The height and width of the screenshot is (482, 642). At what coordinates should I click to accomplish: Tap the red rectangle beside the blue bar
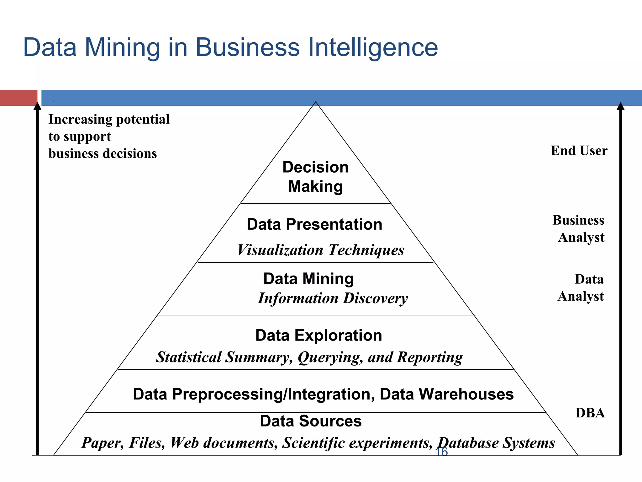(x=18, y=98)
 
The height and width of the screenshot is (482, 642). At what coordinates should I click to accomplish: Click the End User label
(x=579, y=151)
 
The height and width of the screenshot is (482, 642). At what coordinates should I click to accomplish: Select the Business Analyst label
(x=579, y=229)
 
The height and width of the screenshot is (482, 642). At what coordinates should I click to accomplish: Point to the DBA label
(x=590, y=413)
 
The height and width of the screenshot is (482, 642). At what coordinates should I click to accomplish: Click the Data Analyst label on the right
(x=581, y=288)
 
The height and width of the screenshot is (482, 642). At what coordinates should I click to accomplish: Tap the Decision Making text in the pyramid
(x=315, y=177)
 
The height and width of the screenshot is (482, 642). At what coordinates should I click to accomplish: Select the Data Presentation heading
(x=314, y=224)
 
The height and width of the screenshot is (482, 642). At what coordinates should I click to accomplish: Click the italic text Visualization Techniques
(x=321, y=250)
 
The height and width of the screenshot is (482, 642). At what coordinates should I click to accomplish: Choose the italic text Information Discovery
(x=333, y=298)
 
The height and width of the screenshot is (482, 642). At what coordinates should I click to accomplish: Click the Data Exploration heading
(x=318, y=335)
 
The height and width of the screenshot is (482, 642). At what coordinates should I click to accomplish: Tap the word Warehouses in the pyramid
(x=447, y=394)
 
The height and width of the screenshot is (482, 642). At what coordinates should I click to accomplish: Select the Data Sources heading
(x=311, y=421)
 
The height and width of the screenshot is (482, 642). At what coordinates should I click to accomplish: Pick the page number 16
(x=441, y=452)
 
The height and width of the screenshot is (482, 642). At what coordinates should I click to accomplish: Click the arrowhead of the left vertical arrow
(x=38, y=106)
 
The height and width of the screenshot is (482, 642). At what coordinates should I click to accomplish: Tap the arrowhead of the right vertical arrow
(x=620, y=106)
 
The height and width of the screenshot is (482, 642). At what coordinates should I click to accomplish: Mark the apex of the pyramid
(x=316, y=102)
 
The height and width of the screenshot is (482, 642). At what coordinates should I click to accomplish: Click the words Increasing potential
(x=109, y=120)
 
